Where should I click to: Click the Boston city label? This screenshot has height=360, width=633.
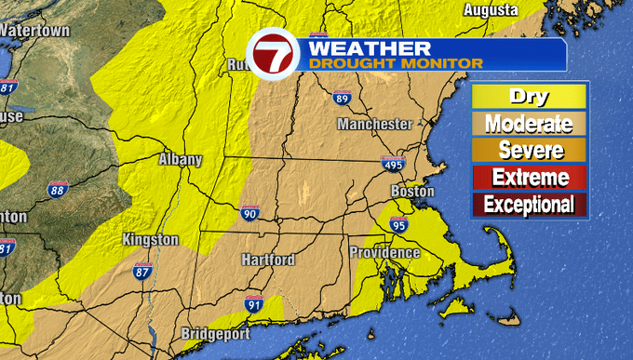point(412,192)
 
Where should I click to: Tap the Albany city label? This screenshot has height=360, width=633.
point(180,159)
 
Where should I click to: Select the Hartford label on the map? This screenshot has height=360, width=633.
point(268,260)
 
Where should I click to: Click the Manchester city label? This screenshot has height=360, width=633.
point(374,124)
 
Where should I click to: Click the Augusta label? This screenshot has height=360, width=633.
point(491,10)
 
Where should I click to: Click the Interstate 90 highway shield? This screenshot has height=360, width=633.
point(249,213)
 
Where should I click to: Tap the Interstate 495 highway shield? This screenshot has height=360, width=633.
point(392,165)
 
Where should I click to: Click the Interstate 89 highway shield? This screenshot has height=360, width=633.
point(341,98)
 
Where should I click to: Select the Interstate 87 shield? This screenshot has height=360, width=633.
point(142,272)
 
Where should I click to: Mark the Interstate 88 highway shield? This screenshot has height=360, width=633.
point(58,190)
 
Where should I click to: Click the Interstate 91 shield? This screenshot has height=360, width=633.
point(254,302)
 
